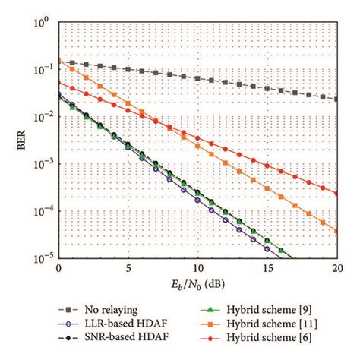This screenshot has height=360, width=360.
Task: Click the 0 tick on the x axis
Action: (58, 269)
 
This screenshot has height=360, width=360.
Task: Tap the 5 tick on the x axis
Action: (128, 269)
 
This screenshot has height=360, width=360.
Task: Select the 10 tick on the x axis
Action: (198, 269)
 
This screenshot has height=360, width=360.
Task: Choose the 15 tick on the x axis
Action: (268, 269)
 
